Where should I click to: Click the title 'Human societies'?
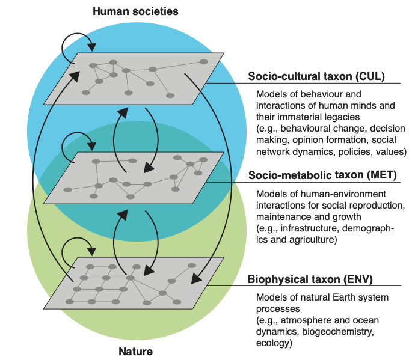point(135,11)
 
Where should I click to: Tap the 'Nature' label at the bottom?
point(135,351)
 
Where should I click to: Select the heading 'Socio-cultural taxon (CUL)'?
point(316,76)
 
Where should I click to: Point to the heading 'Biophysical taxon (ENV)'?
point(310,279)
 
